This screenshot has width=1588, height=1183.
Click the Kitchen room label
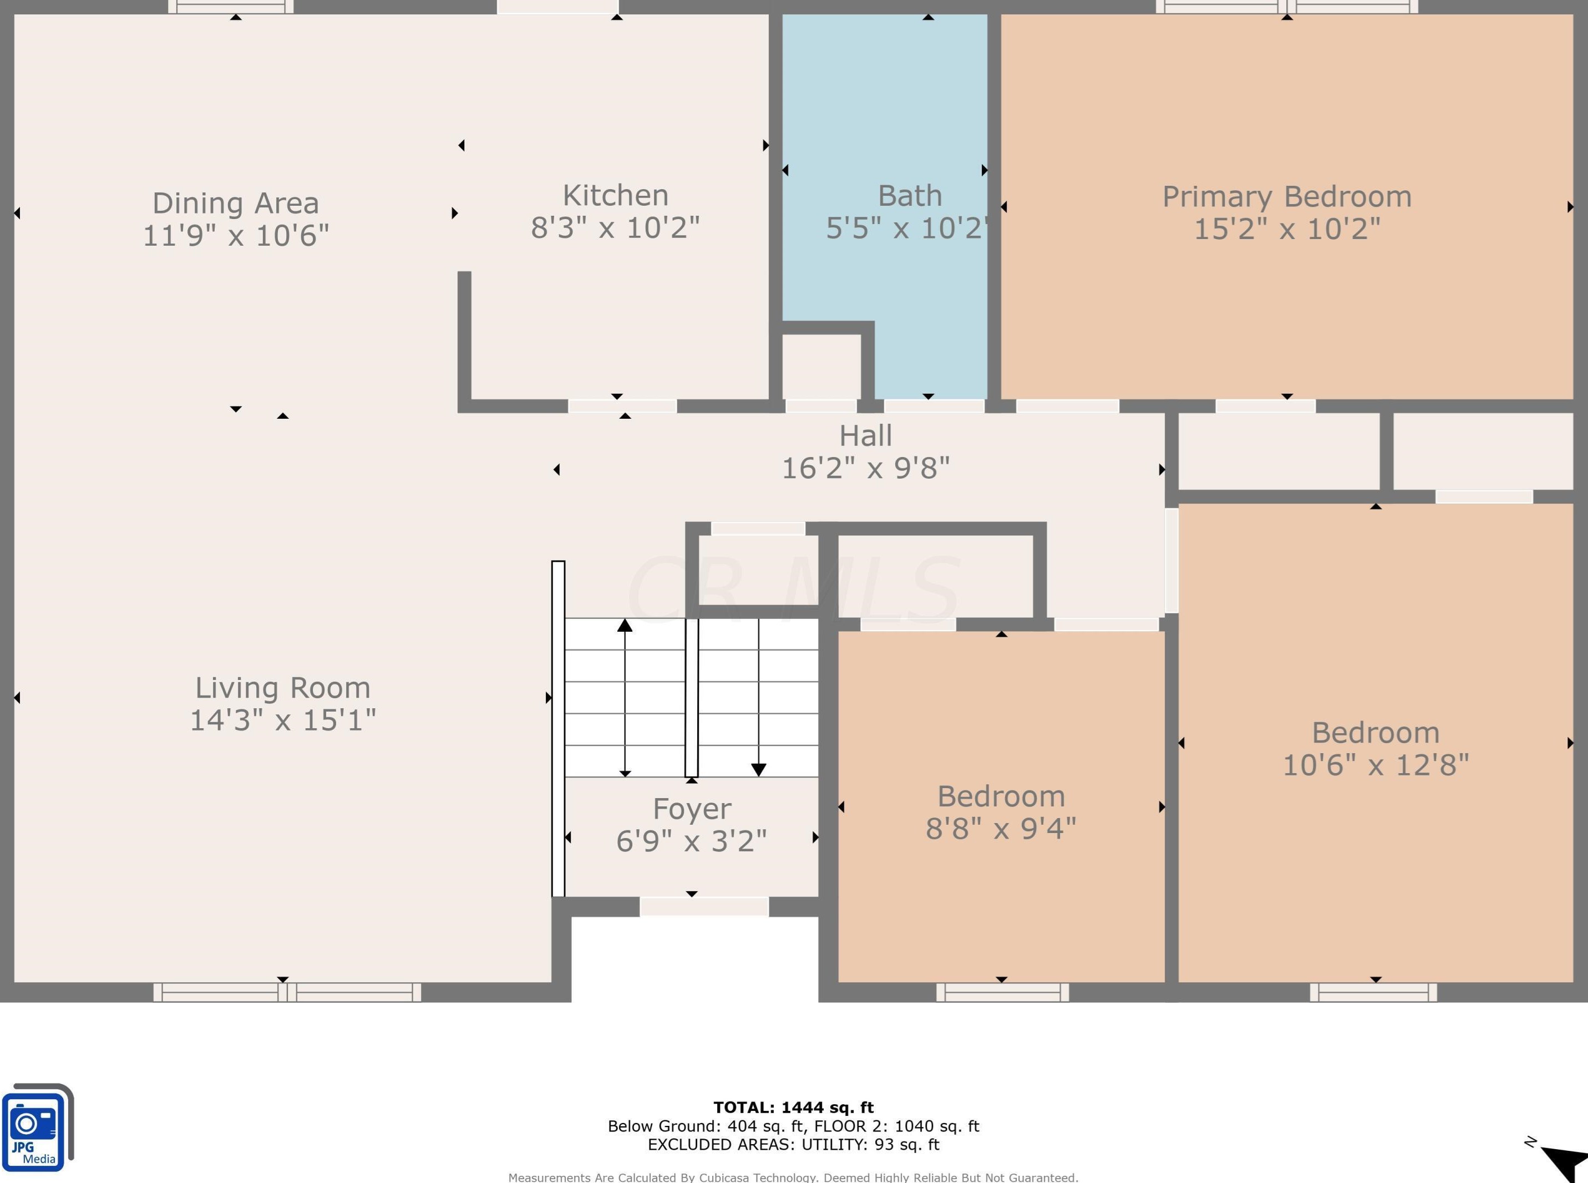[615, 195]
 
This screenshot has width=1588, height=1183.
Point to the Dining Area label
[236, 204]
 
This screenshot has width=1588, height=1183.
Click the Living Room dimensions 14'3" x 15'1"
[283, 720]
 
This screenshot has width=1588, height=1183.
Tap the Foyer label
[692, 809]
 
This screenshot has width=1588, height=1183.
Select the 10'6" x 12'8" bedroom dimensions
[1374, 765]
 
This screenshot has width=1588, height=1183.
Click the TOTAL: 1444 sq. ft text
[793, 1107]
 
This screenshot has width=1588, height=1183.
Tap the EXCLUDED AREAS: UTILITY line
[793, 1144]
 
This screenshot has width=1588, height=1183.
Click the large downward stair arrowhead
[759, 769]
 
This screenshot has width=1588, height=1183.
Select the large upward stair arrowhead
[625, 625]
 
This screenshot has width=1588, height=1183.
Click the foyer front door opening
[704, 907]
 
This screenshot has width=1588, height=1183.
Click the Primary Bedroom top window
[1287, 7]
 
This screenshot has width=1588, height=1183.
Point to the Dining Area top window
[231, 7]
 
